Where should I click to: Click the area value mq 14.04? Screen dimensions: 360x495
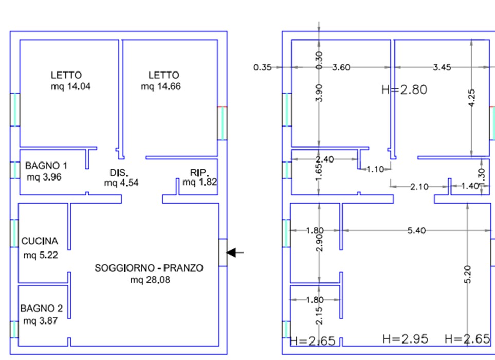(x=70, y=86)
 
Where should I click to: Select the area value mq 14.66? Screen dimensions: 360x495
(x=160, y=86)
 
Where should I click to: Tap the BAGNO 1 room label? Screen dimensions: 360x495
(x=46, y=166)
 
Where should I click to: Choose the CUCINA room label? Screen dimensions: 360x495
(x=40, y=241)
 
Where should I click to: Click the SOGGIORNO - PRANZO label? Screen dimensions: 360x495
(x=149, y=268)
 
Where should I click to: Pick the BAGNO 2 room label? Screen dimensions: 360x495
(x=42, y=309)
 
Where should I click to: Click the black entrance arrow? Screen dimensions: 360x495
(x=235, y=253)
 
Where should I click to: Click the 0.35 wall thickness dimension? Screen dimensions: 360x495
(x=262, y=67)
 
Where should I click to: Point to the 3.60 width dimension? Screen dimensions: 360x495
(x=341, y=67)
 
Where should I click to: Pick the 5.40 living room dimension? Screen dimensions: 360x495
(x=416, y=231)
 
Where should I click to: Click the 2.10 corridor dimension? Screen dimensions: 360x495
(x=419, y=187)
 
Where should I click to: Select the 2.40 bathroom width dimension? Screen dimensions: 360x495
(x=325, y=159)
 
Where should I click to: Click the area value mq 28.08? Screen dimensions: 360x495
(x=149, y=280)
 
